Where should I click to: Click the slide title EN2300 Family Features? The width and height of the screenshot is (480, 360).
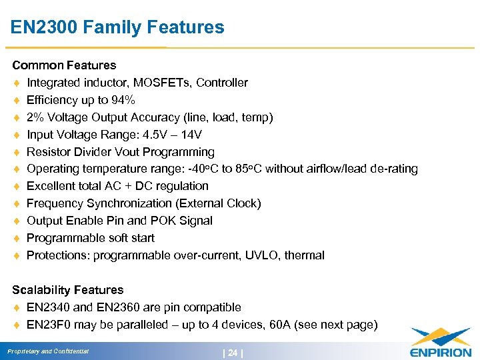[x=117, y=27]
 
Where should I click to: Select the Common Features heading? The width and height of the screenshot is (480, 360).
[x=64, y=65]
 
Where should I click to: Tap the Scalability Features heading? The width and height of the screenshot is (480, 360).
[x=68, y=290]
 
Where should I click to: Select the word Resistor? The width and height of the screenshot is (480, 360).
[x=48, y=152]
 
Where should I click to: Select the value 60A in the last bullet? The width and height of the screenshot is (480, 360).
[x=295, y=325]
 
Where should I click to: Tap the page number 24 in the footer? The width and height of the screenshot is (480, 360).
[x=232, y=351]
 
